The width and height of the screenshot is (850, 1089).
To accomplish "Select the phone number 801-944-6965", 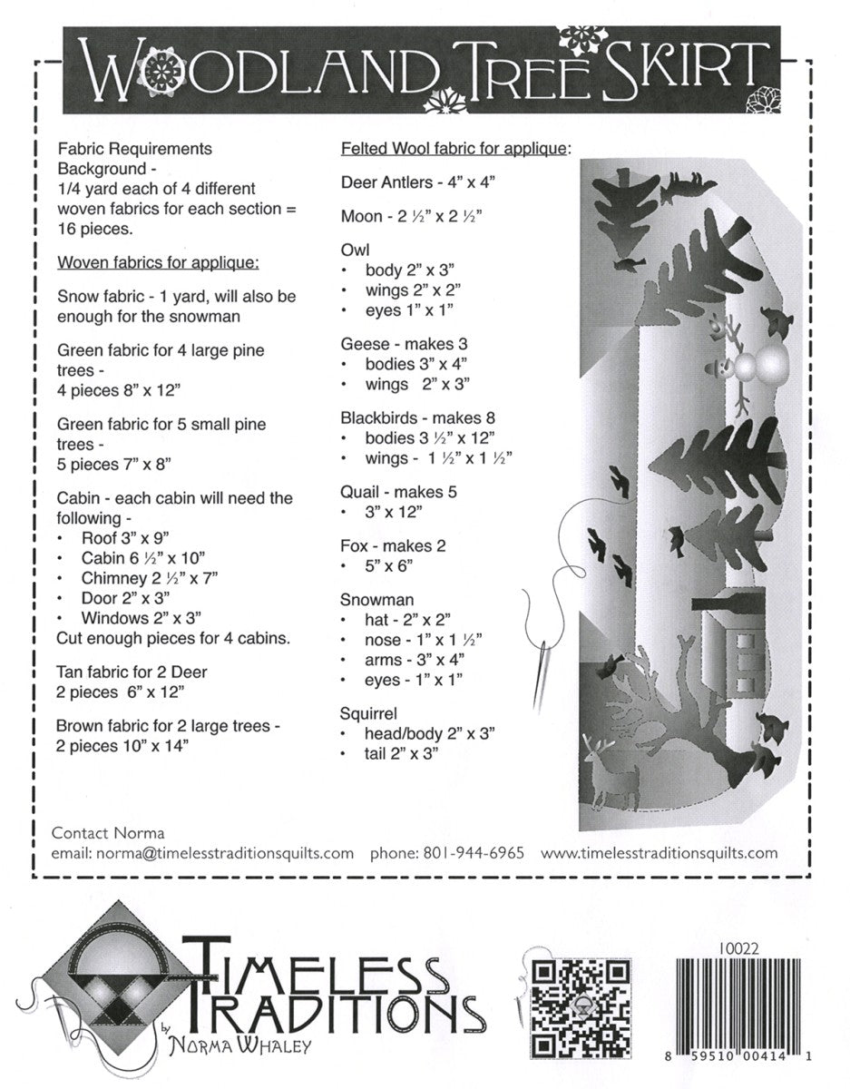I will [473, 853].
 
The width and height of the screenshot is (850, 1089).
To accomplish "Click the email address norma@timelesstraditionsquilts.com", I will [202, 853].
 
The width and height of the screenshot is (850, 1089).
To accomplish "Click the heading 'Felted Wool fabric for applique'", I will [454, 147].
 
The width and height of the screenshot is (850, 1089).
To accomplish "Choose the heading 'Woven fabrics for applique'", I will [159, 263].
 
